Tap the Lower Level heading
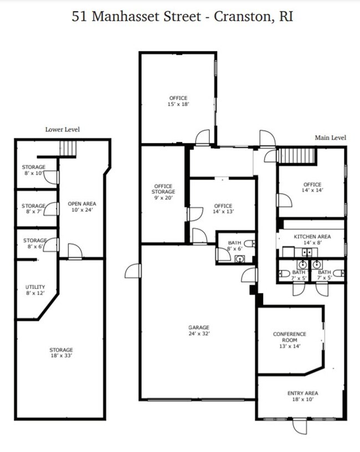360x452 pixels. tap(63, 130)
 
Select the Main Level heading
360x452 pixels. tap(330, 137)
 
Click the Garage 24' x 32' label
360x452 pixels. tap(199, 330)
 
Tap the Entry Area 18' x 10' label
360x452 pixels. tap(302, 396)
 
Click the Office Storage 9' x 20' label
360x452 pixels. tap(163, 192)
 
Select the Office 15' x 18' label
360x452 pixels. tap(178, 101)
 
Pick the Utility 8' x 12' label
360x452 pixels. tap(35, 290)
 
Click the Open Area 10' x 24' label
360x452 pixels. tap(82, 207)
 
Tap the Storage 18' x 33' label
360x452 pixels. tap(61, 352)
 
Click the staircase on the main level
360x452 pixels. tap(296, 156)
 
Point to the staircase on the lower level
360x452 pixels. tap(68, 148)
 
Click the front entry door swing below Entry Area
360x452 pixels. tap(300, 427)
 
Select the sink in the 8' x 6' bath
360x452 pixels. tap(239, 259)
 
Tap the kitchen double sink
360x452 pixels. tap(307, 253)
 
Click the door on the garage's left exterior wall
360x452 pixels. tap(133, 271)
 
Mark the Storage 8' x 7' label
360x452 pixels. tap(33, 209)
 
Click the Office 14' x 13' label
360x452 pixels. tap(223, 208)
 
